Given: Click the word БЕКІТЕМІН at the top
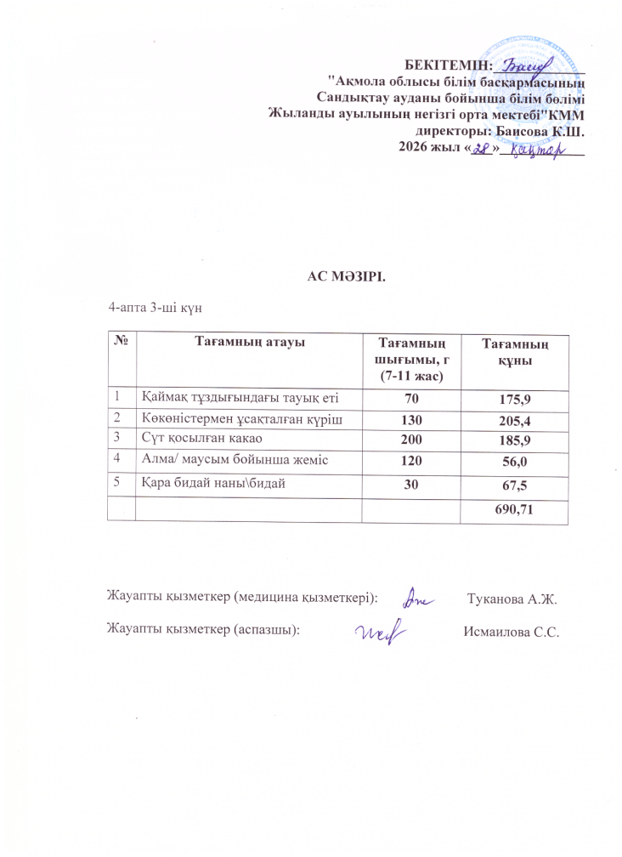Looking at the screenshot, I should click(449, 65).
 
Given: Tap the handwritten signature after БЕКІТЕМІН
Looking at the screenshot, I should click(528, 63).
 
